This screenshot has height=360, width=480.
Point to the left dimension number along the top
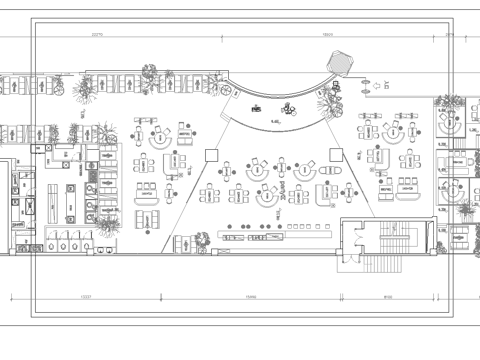coord(98,34)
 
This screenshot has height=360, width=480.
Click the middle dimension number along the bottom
coord(252,297)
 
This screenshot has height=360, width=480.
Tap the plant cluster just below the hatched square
coord(330,100)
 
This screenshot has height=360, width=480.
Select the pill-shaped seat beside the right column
coord(323,192)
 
